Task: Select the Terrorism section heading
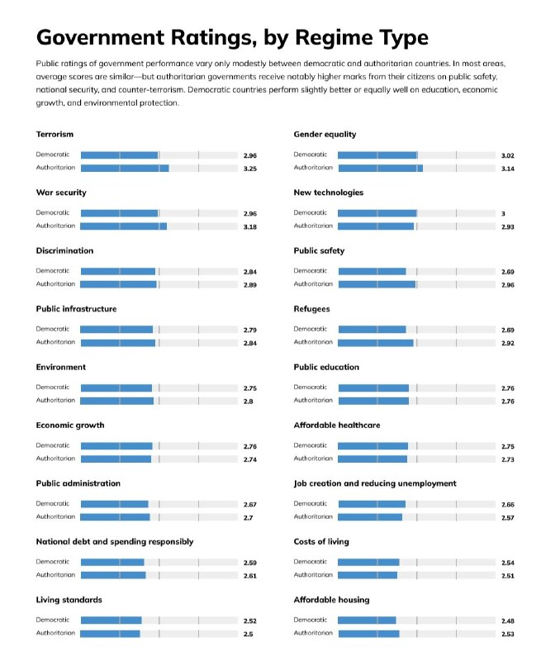pyautogui.click(x=55, y=135)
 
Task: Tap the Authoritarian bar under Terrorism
pyautogui.click(x=125, y=169)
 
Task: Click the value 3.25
pyautogui.click(x=250, y=169)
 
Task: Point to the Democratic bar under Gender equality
pyautogui.click(x=377, y=155)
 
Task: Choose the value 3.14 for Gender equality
pyautogui.click(x=508, y=169)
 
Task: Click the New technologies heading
pyautogui.click(x=329, y=193)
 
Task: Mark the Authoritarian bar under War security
pyautogui.click(x=123, y=226)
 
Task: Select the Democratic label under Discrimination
pyautogui.click(x=53, y=271)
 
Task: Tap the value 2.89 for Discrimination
pyautogui.click(x=250, y=285)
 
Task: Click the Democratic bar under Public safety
pyautogui.click(x=372, y=272)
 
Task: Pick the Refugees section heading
pyautogui.click(x=312, y=309)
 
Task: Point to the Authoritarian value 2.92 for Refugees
pyautogui.click(x=508, y=343)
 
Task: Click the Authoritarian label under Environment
pyautogui.click(x=55, y=400)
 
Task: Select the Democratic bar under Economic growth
pyautogui.click(x=116, y=446)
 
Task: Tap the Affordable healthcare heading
pyautogui.click(x=337, y=426)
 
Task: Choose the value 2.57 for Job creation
pyautogui.click(x=508, y=518)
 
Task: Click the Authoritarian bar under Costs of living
pyautogui.click(x=368, y=575)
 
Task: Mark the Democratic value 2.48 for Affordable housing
pyautogui.click(x=508, y=621)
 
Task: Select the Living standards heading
pyautogui.click(x=69, y=600)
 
